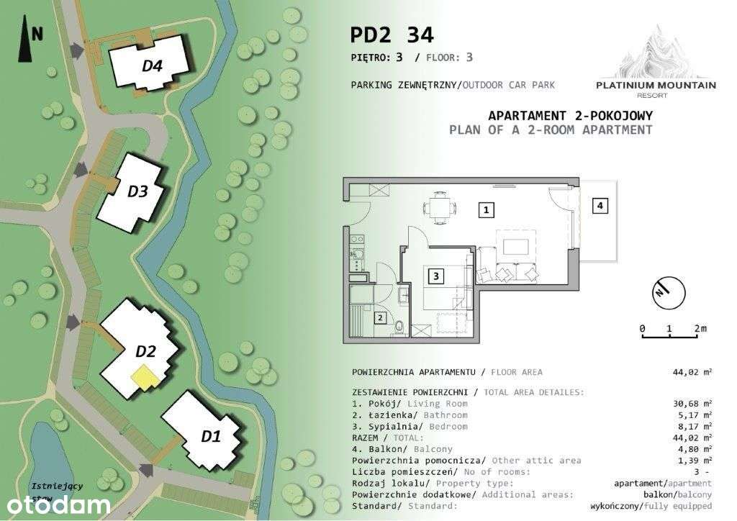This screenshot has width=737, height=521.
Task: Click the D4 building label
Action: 152,66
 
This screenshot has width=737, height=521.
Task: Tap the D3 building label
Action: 137,191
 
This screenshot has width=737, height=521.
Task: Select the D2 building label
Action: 145,351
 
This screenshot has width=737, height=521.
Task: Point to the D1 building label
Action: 210,435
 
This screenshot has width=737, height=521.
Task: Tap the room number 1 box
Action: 487,210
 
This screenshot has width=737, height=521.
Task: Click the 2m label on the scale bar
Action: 700,329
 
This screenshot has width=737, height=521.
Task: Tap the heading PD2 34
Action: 392,35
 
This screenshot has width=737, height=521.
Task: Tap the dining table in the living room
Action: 438,207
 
